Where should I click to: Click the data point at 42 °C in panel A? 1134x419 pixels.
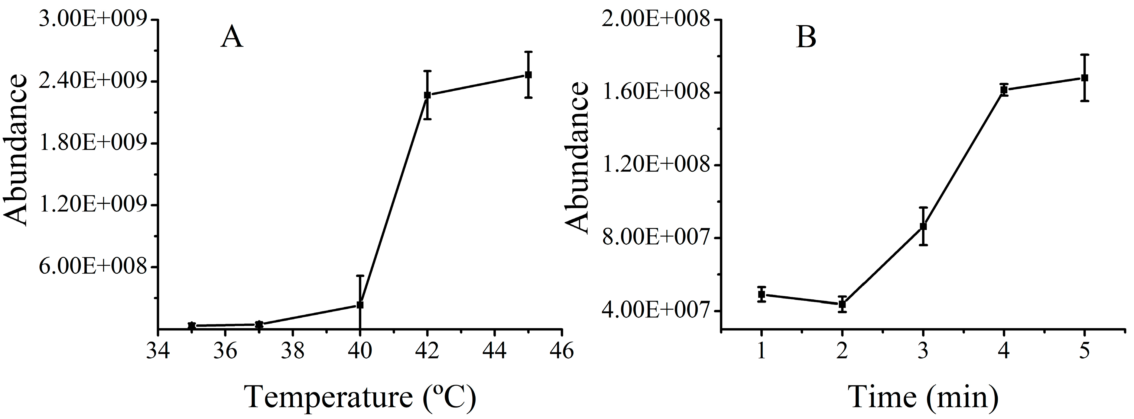[x=427, y=95]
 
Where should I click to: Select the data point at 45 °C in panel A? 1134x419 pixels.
[x=528, y=75]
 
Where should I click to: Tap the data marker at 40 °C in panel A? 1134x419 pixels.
[x=360, y=305]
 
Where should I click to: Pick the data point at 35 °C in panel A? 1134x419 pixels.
[x=191, y=326]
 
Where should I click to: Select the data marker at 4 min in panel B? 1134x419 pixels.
[x=1004, y=90]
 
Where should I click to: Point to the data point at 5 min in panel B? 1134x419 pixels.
[x=1085, y=78]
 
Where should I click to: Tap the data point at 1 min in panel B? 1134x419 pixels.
[x=762, y=295]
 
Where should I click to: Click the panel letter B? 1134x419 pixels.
[x=807, y=38]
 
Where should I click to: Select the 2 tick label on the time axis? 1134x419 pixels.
[x=842, y=352]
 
